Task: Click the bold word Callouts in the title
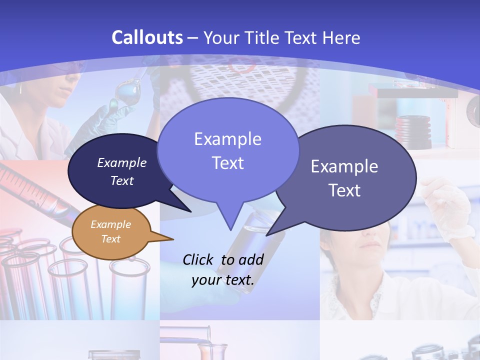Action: tap(147, 37)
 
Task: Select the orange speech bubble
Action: tap(111, 231)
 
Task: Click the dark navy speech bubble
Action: tap(115, 171)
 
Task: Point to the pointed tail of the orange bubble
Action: tap(167, 238)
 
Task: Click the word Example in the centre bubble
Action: tap(227, 138)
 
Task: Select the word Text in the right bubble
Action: tap(344, 190)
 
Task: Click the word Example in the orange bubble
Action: tap(110, 224)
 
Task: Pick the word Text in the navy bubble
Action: tap(122, 180)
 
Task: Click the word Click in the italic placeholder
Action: tap(198, 259)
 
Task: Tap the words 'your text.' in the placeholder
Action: tap(223, 280)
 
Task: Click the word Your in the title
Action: tap(222, 37)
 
